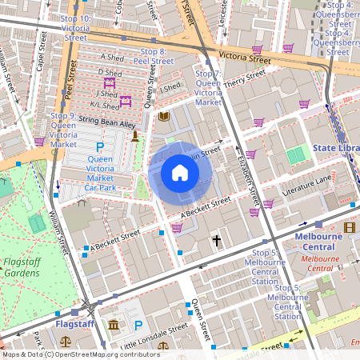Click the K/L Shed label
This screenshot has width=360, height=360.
(x=104, y=104)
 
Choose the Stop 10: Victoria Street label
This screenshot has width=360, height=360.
(x=75, y=27)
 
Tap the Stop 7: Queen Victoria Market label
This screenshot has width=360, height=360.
(x=208, y=88)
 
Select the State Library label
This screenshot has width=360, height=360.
(x=336, y=148)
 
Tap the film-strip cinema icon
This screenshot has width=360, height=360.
(x=349, y=227)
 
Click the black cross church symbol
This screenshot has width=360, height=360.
(x=216, y=240)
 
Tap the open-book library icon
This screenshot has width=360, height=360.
(x=164, y=117)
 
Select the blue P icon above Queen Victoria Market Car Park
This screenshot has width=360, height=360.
(x=100, y=147)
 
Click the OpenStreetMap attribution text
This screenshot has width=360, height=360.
(x=80, y=354)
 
